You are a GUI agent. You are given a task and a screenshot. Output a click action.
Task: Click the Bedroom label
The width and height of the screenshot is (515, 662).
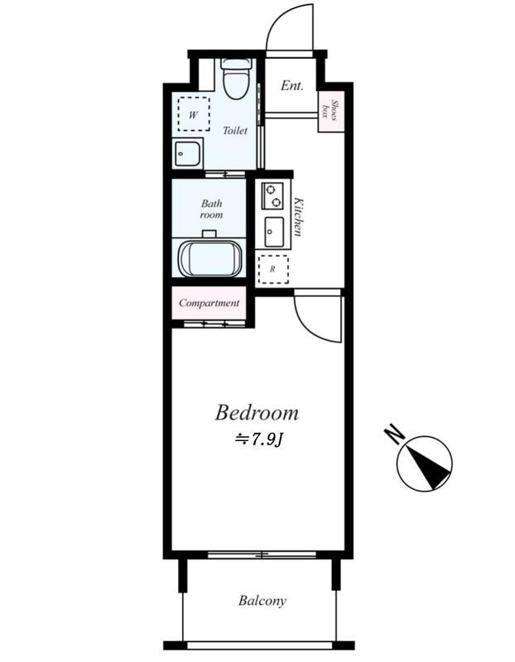tap(257, 412)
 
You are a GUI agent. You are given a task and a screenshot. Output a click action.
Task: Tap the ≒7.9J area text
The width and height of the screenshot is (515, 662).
tap(258, 440)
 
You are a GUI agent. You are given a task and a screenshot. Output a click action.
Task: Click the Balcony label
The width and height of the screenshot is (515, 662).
tap(262, 601)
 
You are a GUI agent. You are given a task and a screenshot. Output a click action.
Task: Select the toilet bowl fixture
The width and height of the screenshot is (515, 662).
tap(237, 79)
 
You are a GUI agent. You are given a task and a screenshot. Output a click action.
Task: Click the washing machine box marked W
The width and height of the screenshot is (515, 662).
tap(194, 114)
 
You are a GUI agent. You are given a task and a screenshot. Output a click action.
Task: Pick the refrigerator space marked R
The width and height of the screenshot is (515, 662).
tap(273, 270)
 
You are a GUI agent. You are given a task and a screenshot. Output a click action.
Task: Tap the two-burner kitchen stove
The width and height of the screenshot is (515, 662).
tap(272, 195)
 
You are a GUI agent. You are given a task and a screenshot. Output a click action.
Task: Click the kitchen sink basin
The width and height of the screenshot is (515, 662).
tap(274, 232)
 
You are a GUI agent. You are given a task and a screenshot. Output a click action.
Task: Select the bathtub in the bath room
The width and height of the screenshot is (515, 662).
tap(210, 258)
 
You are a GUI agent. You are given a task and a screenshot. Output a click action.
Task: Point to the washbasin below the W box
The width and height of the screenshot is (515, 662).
tap(187, 154)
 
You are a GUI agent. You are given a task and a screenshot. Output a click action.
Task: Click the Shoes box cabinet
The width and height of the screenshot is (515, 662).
tap(330, 112)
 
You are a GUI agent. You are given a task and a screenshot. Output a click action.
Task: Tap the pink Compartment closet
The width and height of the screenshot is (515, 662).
tap(209, 303)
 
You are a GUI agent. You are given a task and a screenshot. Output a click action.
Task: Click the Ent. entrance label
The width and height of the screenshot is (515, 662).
tap(292, 86)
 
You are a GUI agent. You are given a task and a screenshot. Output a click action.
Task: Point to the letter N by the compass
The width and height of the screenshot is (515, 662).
tap(394, 433)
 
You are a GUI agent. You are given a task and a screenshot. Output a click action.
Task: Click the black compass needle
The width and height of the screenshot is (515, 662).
tap(428, 466)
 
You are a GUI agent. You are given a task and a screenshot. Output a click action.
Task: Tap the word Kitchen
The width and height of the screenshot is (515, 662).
tap(298, 217)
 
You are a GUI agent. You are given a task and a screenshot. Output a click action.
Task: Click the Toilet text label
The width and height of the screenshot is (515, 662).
tap(235, 131)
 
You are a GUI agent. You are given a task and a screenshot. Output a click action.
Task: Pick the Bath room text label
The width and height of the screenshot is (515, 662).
tap(211, 209)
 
